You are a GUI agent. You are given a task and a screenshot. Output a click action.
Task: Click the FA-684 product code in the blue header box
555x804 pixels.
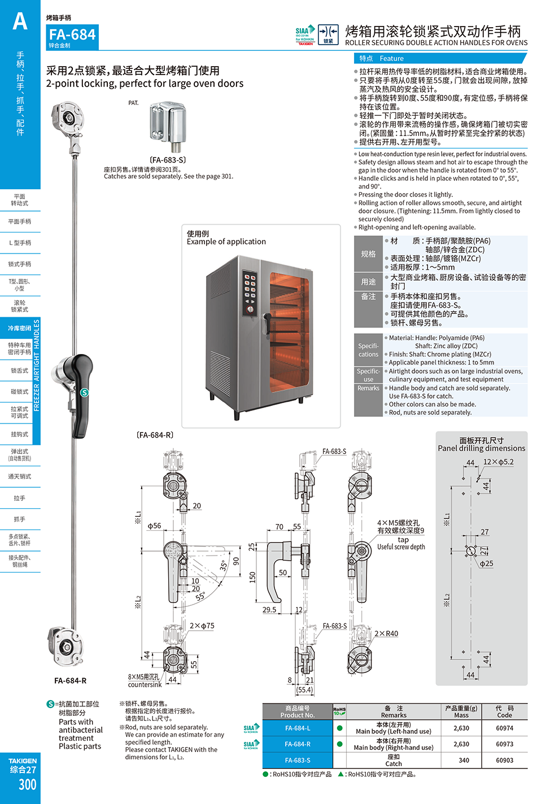[72, 35]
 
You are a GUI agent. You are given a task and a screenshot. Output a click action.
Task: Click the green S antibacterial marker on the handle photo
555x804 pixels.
[84, 392]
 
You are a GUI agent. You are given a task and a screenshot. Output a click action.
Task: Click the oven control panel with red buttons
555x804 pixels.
[250, 292]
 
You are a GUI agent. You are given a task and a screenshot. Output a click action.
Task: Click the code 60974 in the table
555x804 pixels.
[504, 728]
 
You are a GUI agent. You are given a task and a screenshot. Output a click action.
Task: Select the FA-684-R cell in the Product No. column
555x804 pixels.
[298, 744]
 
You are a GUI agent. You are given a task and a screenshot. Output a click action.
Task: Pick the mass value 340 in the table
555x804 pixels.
[464, 760]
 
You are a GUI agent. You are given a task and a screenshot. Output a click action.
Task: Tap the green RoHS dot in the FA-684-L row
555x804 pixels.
[339, 728]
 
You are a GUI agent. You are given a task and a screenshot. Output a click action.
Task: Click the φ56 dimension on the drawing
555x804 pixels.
[154, 526]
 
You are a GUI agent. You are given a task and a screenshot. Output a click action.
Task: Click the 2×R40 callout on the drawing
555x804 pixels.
[386, 633]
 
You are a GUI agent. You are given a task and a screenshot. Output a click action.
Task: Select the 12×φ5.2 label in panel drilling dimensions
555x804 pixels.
[498, 462]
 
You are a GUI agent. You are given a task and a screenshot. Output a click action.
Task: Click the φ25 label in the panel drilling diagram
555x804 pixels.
[486, 563]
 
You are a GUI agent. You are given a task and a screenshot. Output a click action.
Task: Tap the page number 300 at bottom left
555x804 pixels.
[27, 784]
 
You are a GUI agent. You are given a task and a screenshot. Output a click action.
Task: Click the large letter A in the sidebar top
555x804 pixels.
[20, 21]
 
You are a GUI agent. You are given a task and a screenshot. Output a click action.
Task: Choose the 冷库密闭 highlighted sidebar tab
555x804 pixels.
[19, 328]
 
